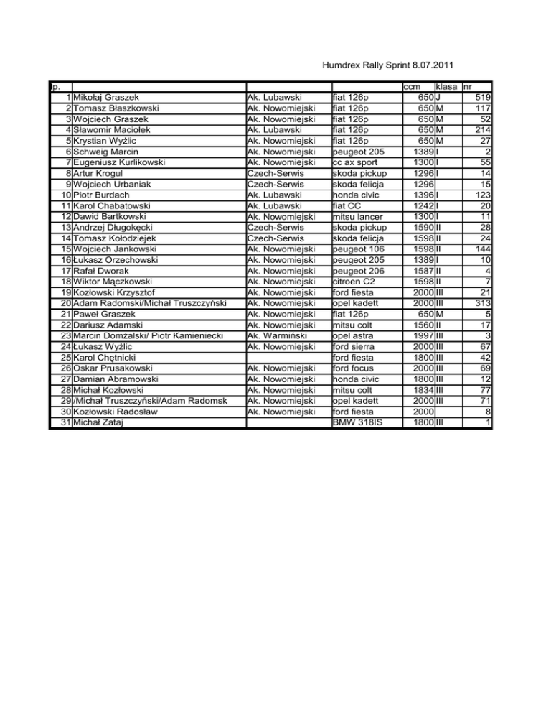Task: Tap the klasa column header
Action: click(x=448, y=86)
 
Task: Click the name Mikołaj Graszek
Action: click(x=106, y=97)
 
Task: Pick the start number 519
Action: click(x=482, y=97)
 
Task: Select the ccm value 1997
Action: click(x=423, y=334)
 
